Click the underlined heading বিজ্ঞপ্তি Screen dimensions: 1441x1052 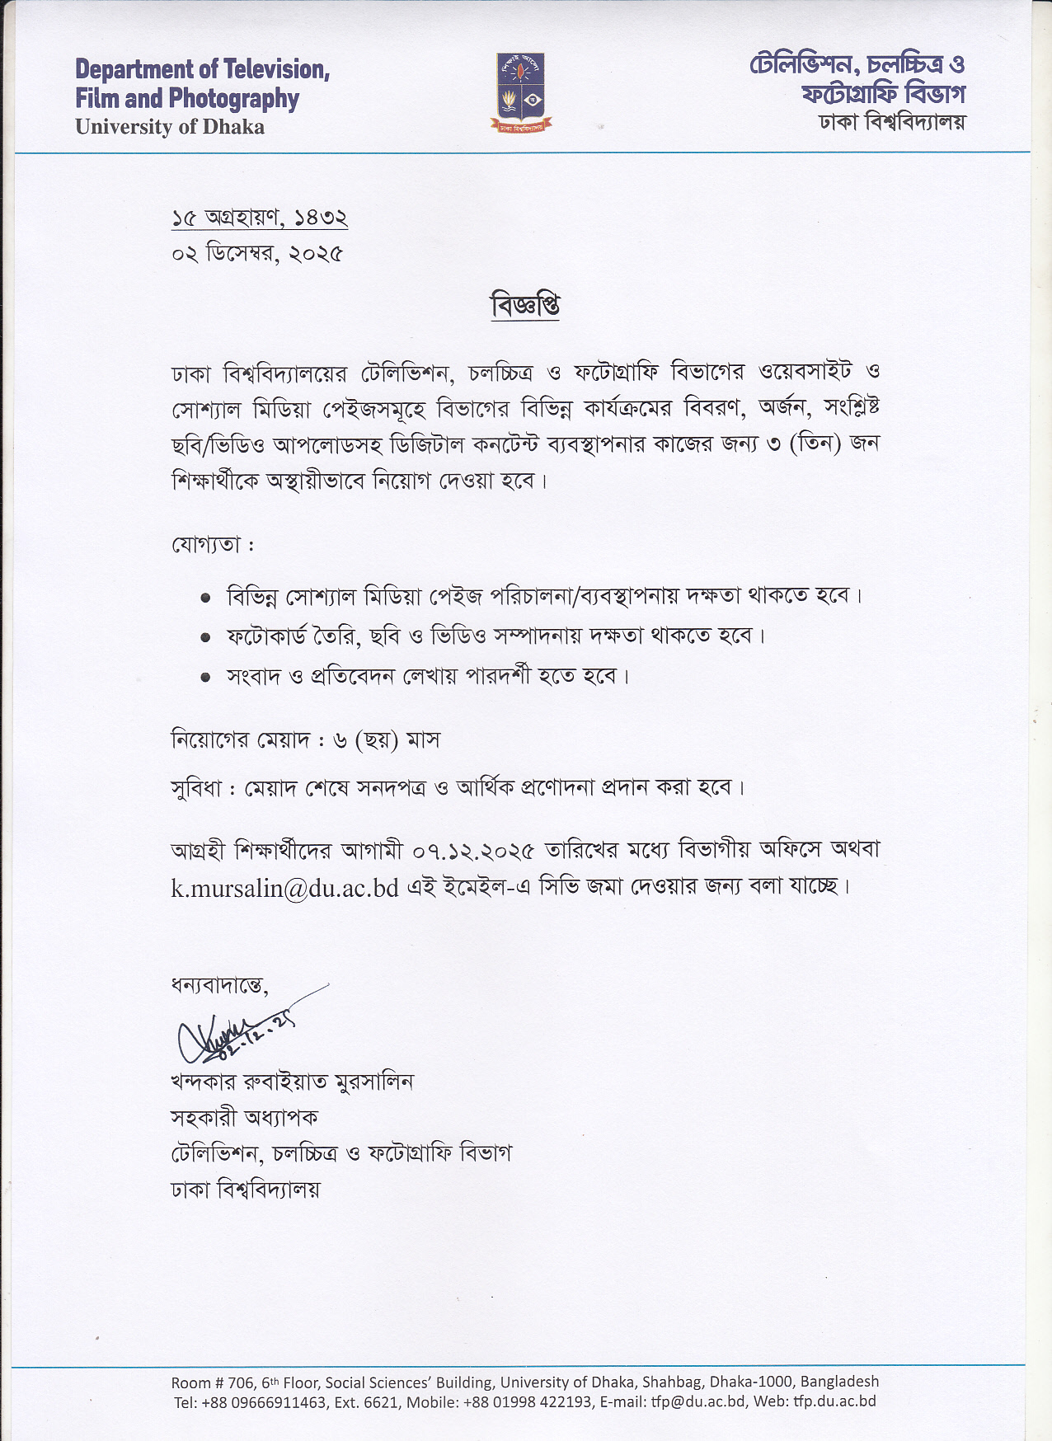point(525,306)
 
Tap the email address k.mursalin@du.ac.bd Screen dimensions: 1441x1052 point(284,888)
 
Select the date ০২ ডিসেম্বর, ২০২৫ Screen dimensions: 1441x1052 point(257,253)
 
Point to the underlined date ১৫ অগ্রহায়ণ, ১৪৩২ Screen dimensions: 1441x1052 point(260,218)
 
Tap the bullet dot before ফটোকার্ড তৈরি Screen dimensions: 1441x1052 point(205,637)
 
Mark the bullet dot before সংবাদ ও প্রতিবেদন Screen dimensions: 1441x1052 point(205,677)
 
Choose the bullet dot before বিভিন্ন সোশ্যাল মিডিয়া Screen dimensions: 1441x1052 point(205,598)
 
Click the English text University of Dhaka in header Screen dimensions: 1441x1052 point(170,127)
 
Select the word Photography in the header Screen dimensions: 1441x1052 point(233,99)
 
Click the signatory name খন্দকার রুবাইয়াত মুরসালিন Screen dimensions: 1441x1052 point(292,1082)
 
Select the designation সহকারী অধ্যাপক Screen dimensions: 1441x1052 point(244,1118)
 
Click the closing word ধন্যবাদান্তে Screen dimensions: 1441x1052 point(219,984)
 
